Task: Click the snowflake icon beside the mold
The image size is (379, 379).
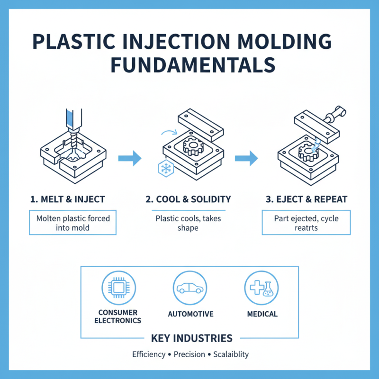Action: click(164, 169)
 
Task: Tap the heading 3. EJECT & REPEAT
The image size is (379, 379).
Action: click(307, 199)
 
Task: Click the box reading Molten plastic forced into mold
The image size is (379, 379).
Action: click(72, 223)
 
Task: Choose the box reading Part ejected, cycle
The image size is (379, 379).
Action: click(307, 223)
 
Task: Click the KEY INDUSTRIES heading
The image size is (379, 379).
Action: click(191, 338)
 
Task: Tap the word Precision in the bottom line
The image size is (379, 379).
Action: click(189, 354)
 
